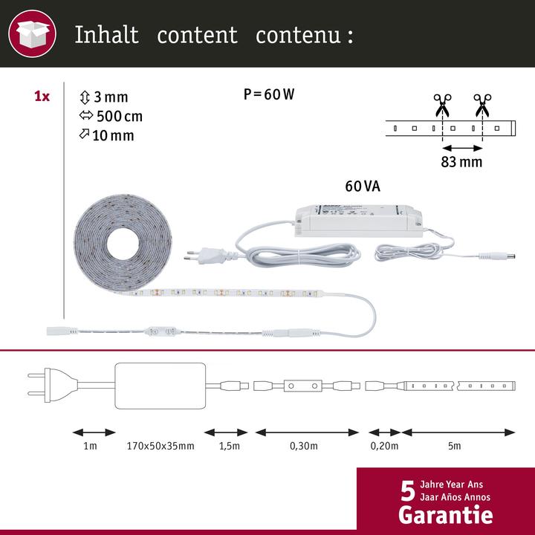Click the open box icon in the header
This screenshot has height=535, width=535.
tap(31, 34)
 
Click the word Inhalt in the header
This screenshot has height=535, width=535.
tap(106, 35)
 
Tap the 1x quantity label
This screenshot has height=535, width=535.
tap(42, 97)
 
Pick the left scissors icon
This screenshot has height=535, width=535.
tap(442, 105)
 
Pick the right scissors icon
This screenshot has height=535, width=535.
tap(481, 105)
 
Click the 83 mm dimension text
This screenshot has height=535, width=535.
tap(461, 161)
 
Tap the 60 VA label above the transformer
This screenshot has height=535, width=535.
tap(362, 186)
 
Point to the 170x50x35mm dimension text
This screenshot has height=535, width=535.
tap(160, 446)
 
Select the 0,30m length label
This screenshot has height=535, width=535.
tap(304, 446)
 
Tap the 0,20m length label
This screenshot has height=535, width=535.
tap(384, 446)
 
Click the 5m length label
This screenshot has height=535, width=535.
tap(455, 446)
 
